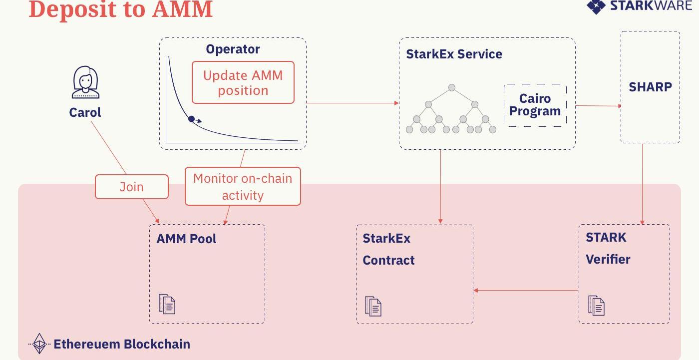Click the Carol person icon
(x=85, y=83)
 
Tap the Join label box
(x=131, y=187)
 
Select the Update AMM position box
(x=243, y=83)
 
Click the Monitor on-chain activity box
(x=243, y=186)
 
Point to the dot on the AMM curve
(x=191, y=119)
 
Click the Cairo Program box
(x=535, y=105)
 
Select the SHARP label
(x=650, y=87)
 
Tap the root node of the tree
(x=451, y=88)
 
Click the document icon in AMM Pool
(x=167, y=304)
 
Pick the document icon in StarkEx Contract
(x=373, y=306)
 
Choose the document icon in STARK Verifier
(x=596, y=305)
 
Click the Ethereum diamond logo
(x=39, y=344)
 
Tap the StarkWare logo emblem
(x=596, y=6)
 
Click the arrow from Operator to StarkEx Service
(x=352, y=103)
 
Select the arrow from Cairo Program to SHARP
(x=598, y=106)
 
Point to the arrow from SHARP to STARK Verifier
(x=643, y=185)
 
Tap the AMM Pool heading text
(x=186, y=239)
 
